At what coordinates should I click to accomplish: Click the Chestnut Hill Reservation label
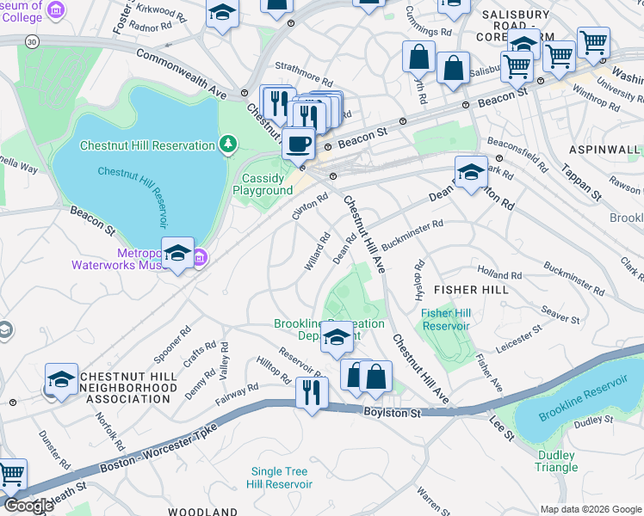[x=147, y=145]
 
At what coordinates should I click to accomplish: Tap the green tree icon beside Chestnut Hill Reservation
[x=228, y=144]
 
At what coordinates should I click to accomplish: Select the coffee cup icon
[x=298, y=143]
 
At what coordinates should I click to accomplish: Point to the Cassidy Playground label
[x=263, y=184]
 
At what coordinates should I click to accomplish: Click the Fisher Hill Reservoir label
[x=446, y=319]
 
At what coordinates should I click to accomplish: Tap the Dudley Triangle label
[x=556, y=461]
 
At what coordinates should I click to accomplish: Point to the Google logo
[x=28, y=506]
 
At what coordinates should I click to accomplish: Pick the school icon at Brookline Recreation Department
[x=337, y=337]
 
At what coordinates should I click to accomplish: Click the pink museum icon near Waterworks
[x=199, y=255]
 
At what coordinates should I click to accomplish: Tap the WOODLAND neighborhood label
[x=202, y=511]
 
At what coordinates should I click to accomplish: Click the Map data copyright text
[x=591, y=509]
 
